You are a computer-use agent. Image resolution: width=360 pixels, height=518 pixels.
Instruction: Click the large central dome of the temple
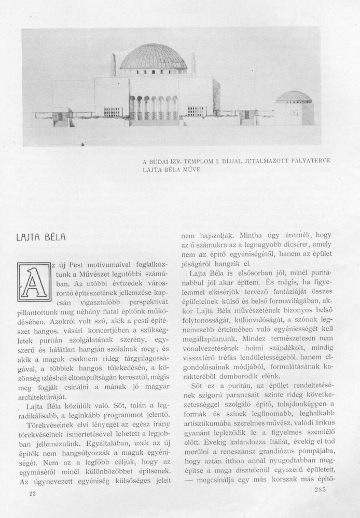[x=154, y=58]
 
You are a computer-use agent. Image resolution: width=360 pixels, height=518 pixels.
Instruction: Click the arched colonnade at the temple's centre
[x=154, y=107]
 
